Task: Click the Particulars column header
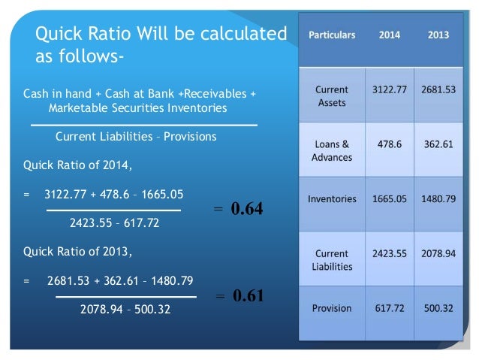[x=331, y=35]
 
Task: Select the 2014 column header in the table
[x=390, y=35]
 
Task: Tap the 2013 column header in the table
[x=439, y=35]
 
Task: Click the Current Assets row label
[x=331, y=95]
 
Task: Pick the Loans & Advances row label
[x=331, y=150]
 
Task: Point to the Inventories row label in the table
[x=332, y=199]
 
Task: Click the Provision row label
[x=332, y=308]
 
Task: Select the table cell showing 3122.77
[x=390, y=89]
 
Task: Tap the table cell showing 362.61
[x=439, y=144]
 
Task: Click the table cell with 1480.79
[x=439, y=199]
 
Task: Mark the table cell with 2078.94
[x=439, y=253]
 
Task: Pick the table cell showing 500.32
[x=439, y=308]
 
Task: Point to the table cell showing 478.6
[x=390, y=144]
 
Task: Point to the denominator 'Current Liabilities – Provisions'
[x=136, y=137]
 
